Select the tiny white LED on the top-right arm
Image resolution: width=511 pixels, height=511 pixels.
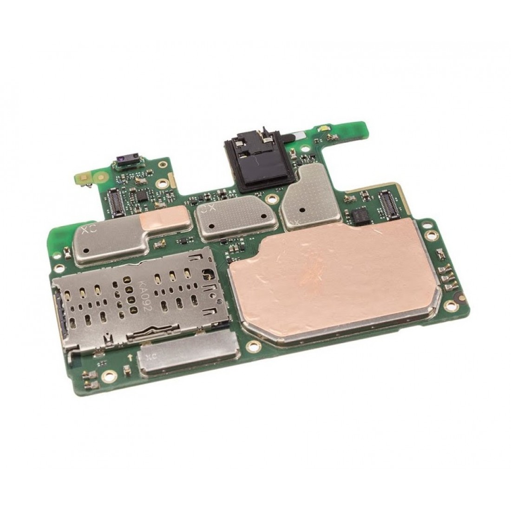tap(321, 127)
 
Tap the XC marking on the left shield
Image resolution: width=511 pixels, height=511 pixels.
tap(87, 229)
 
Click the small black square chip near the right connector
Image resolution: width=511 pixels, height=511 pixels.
tap(359, 215)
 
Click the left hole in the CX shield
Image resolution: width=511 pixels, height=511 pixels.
tap(211, 226)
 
